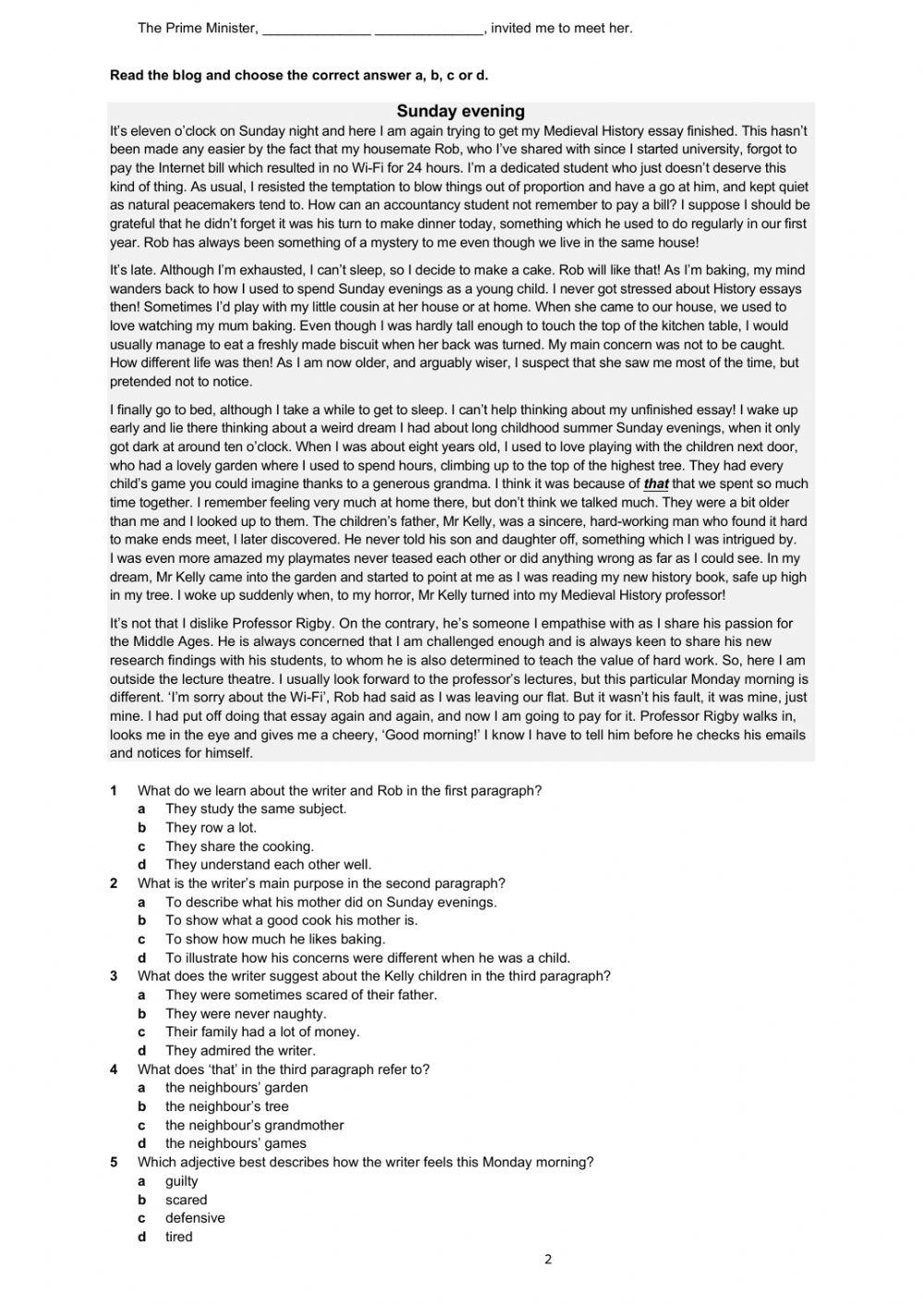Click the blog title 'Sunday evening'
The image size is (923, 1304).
click(x=461, y=112)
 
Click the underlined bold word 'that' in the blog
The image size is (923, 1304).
click(x=655, y=484)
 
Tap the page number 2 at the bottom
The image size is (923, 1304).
click(x=547, y=1260)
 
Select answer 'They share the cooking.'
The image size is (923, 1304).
click(x=239, y=846)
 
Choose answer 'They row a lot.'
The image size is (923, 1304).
click(x=210, y=828)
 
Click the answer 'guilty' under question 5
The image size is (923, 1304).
click(x=182, y=1181)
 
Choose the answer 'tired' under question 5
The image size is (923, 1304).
click(x=179, y=1237)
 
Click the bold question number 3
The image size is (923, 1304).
click(x=114, y=976)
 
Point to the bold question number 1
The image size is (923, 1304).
click(x=114, y=791)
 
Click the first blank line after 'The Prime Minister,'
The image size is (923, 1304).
click(x=317, y=29)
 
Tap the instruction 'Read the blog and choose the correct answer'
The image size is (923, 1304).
click(x=298, y=76)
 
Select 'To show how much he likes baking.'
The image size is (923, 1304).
click(x=275, y=939)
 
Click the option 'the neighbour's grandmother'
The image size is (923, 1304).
click(x=254, y=1125)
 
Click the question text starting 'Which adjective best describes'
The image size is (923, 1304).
click(x=366, y=1163)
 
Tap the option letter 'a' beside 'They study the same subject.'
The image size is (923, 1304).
click(x=142, y=809)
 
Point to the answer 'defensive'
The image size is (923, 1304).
click(x=195, y=1218)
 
